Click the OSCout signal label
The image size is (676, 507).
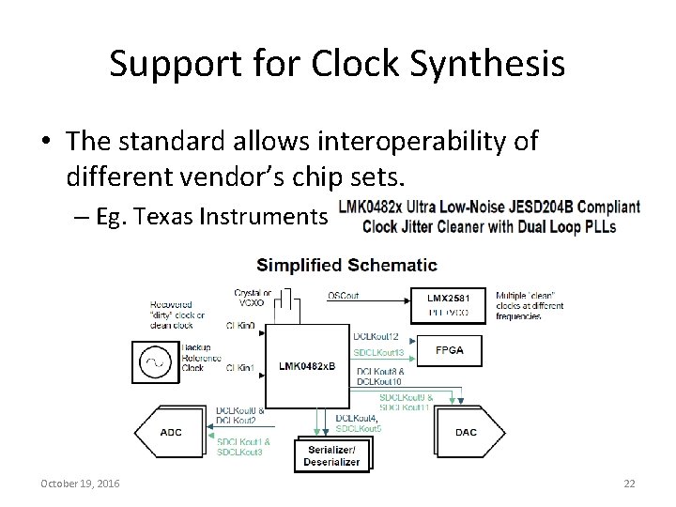tap(344, 296)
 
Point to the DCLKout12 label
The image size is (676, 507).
tap(376, 336)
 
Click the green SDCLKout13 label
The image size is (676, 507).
tap(378, 352)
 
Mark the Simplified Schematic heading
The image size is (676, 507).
tap(346, 265)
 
